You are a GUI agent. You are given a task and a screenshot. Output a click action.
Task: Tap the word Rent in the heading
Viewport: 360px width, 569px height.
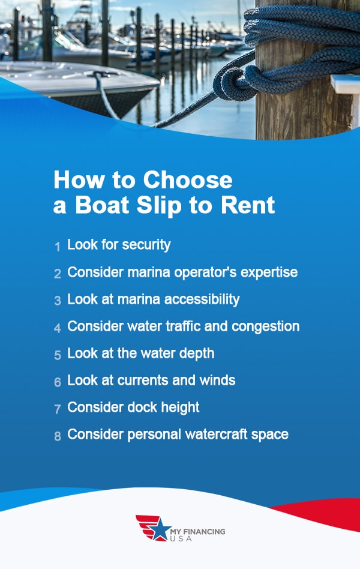(x=248, y=205)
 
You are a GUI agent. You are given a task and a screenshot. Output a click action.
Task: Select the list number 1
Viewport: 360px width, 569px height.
(x=58, y=246)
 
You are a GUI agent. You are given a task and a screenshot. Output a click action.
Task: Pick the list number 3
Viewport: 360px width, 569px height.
(x=58, y=301)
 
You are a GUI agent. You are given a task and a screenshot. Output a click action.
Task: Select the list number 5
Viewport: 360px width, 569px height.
(x=58, y=355)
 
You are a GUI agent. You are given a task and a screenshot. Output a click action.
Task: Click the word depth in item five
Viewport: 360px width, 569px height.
(x=196, y=353)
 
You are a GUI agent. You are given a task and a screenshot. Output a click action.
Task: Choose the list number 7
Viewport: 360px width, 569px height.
(x=58, y=409)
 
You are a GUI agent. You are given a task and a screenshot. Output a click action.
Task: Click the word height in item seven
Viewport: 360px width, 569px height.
(x=179, y=407)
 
